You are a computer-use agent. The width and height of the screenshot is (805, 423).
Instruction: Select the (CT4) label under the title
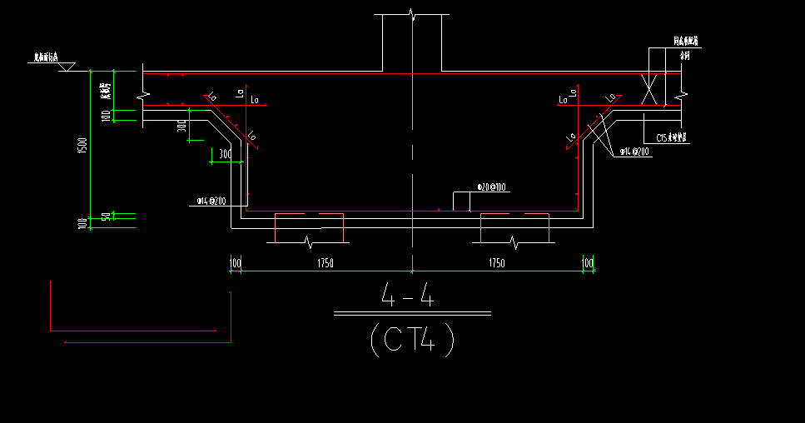coord(412,340)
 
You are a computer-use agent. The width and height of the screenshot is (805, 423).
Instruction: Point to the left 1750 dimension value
coord(325,263)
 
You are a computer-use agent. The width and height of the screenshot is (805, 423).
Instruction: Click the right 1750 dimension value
coord(496,263)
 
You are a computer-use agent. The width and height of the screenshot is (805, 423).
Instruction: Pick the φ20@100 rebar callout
coord(491,187)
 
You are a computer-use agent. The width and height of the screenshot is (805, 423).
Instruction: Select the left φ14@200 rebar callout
coord(211,201)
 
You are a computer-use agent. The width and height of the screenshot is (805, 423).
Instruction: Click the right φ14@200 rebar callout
coord(634,152)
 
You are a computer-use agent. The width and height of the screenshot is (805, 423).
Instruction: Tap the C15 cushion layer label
coord(671,137)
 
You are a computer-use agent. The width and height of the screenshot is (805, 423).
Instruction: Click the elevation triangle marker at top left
coord(67,65)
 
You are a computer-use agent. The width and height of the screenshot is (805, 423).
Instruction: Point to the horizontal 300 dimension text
coord(224,154)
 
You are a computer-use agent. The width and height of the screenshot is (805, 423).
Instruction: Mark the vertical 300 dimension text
coord(181,127)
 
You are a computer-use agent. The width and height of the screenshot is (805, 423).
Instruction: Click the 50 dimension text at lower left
coord(106,216)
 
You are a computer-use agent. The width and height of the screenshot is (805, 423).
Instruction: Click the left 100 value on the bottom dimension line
coord(236,263)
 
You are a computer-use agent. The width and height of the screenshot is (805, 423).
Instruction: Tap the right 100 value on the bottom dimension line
coord(588,263)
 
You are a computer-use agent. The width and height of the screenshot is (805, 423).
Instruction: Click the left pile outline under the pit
coord(309,228)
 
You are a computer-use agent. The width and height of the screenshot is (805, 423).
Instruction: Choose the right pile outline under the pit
coord(514,228)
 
